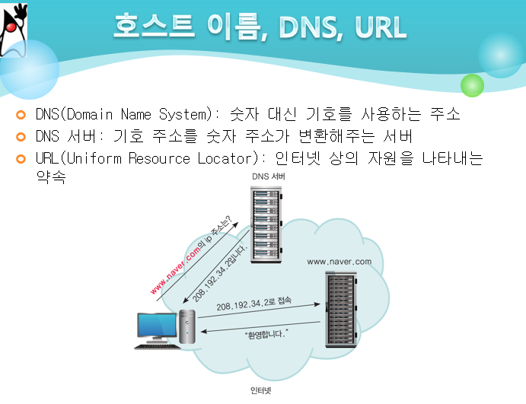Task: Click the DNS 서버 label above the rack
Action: coord(263,177)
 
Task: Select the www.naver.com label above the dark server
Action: coord(339,262)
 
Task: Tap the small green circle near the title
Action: coord(472,84)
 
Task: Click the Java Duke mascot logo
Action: coord(20,30)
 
